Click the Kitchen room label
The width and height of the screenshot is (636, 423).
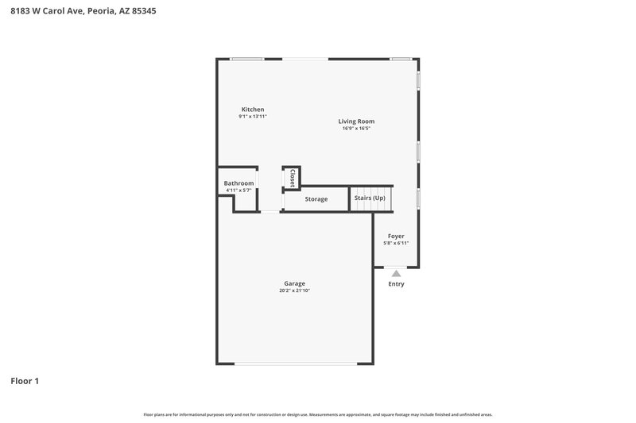[253, 110]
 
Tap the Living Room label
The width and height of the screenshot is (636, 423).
[356, 121]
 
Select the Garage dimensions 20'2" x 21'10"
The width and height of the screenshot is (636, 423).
[295, 291]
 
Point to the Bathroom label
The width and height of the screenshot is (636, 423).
[238, 183]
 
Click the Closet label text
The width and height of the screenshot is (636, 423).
[293, 178]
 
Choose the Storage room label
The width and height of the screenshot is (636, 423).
[316, 199]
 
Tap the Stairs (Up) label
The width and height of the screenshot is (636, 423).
[370, 198]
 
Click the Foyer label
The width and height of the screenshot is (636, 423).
[396, 236]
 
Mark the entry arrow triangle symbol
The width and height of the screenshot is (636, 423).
[396, 273]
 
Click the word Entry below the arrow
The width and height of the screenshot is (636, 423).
[396, 284]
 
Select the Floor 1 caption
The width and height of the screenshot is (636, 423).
[25, 381]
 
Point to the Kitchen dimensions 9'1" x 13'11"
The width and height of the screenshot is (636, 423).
[253, 117]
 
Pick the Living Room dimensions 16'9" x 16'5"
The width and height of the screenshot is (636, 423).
[356, 129]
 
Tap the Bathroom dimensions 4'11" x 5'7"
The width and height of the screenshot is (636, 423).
[238, 190]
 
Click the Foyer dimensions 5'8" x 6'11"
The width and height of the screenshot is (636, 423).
[396, 244]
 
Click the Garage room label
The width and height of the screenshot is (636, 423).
[295, 283]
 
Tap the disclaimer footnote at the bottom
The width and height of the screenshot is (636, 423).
[318, 414]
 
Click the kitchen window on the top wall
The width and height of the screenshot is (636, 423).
[247, 58]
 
